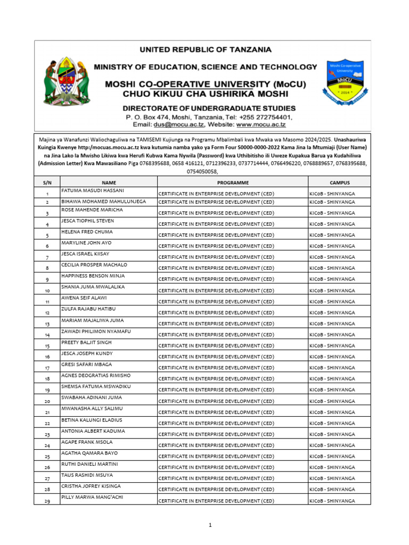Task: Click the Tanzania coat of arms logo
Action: (65, 80)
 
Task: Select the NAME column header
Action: (109, 182)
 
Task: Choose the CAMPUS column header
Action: (339, 182)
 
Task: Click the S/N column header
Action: (47, 182)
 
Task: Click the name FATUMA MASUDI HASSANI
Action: (93, 190)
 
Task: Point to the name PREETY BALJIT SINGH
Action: (86, 342)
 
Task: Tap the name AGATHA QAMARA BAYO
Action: (88, 453)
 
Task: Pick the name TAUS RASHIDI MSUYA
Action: (87, 475)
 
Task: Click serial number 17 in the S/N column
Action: (47, 368)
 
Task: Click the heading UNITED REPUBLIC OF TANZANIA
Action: (205, 49)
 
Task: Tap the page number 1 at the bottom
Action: (210, 525)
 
